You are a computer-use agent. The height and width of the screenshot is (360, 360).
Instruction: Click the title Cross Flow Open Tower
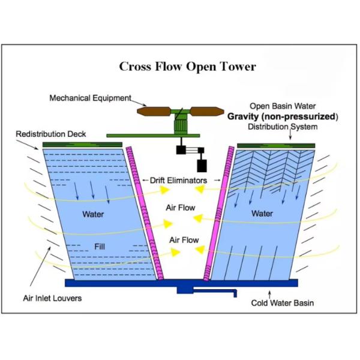187,67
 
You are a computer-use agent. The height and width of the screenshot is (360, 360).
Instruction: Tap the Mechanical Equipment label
90,98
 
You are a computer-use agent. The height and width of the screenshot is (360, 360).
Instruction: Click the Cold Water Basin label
282,303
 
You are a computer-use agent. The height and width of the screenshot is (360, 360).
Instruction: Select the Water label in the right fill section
262,213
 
